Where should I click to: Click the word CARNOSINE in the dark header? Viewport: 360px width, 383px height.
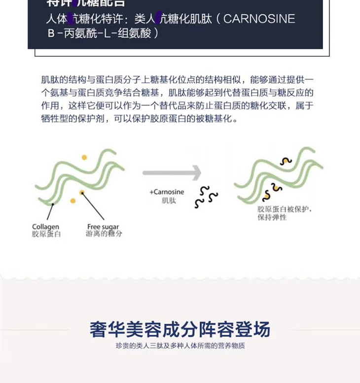pyautogui.click(x=260, y=19)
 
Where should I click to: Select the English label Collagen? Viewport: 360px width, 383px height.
pyautogui.click(x=45, y=227)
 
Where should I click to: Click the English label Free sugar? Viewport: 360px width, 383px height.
pyautogui.click(x=103, y=227)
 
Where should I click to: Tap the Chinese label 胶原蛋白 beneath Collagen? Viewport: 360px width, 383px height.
pyautogui.click(x=46, y=234)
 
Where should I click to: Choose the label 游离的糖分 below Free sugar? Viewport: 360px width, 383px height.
pyautogui.click(x=104, y=234)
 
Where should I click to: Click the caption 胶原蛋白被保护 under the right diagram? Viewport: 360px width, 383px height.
pyautogui.click(x=285, y=209)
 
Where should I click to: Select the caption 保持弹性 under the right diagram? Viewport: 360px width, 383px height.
pyautogui.click(x=272, y=217)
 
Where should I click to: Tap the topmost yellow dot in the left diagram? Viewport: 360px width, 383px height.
pyautogui.click(x=84, y=158)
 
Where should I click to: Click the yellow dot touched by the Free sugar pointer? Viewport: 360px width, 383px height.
pyautogui.click(x=81, y=192)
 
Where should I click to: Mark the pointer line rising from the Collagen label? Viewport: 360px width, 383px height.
pyautogui.click(x=50, y=211)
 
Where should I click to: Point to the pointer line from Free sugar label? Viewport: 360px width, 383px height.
pyautogui.click(x=94, y=207)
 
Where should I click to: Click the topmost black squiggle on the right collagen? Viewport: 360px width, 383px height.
pyautogui.click(x=286, y=161)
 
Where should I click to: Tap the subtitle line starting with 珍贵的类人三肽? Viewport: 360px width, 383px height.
pyautogui.click(x=180, y=346)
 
